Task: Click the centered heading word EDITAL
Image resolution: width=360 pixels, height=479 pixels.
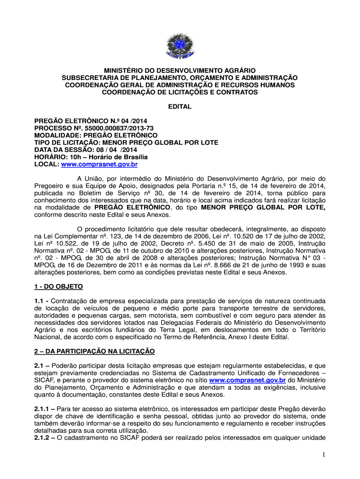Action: tap(180, 107)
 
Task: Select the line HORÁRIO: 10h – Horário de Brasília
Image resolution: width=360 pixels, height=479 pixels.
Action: tap(91, 157)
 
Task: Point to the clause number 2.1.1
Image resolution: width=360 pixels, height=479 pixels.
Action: tap(43, 409)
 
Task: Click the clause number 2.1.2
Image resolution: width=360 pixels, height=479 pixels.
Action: tap(43, 438)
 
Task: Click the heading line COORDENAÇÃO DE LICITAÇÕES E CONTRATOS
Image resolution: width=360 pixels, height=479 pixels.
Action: tap(180, 93)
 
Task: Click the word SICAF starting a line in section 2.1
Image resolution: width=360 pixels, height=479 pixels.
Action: tap(44, 380)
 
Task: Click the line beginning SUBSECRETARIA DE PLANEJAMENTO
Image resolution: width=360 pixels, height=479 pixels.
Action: tap(180, 78)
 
